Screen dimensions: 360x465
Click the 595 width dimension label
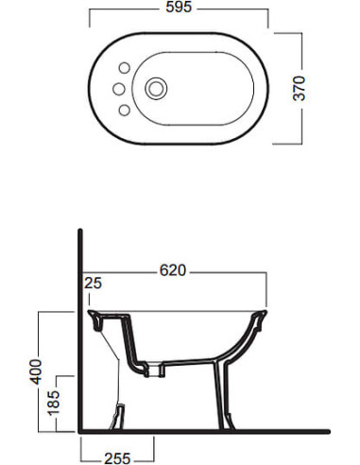pos(179,7)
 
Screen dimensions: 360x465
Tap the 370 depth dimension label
pos(300,88)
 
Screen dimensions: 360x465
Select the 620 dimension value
pos(173,270)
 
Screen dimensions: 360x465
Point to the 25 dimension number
pos(93,283)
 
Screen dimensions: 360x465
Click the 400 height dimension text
pos(36,371)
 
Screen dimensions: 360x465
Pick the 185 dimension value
pos(54,404)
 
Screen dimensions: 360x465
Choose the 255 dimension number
pos(117,458)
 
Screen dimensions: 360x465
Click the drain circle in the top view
pos(156,89)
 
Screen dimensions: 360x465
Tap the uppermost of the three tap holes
pos(125,68)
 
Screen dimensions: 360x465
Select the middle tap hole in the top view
pos(119,89)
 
